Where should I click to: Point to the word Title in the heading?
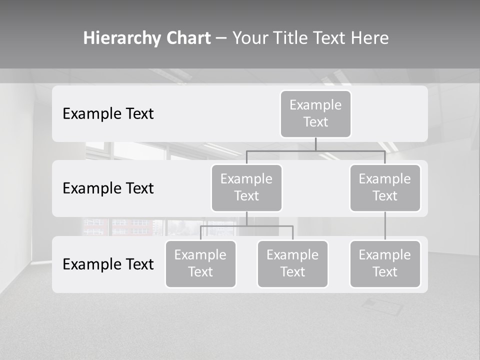[296, 38]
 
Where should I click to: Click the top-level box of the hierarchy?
[315, 114]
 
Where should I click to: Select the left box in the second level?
[246, 187]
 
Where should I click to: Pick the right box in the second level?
[385, 187]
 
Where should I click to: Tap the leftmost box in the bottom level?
[200, 263]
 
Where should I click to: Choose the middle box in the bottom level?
[292, 263]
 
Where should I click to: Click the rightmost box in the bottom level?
[385, 263]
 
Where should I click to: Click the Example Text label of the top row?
[108, 114]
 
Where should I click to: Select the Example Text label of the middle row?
[108, 188]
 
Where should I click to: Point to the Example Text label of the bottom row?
[108, 264]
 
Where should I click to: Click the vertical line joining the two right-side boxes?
[385, 226]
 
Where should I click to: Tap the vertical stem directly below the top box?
[315, 144]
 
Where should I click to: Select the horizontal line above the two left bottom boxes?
[246, 226]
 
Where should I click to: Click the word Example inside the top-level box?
[315, 105]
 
